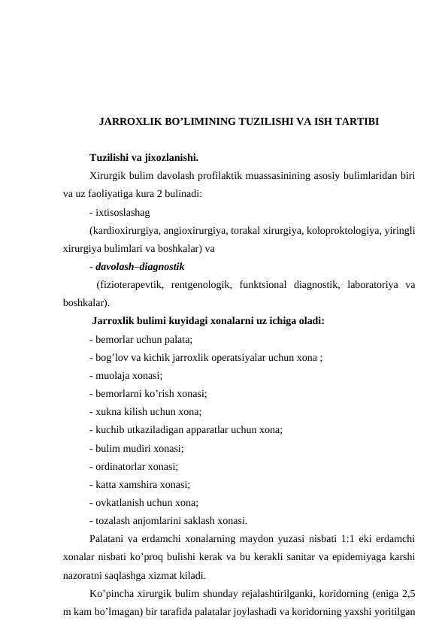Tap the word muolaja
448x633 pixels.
click(x=111, y=376)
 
